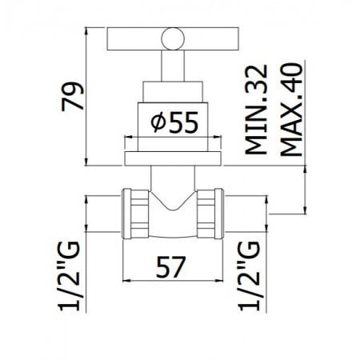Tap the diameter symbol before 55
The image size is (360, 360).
click(158, 123)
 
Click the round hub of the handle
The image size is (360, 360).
click(171, 37)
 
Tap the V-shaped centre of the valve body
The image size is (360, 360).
click(170, 210)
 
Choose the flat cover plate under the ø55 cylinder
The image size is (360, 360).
click(170, 158)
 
